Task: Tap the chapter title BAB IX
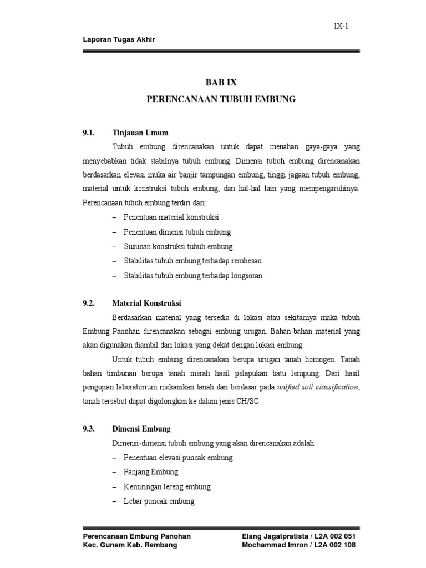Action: pyautogui.click(x=221, y=82)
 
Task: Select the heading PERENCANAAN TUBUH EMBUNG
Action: pyautogui.click(x=221, y=100)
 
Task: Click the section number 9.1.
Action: pyautogui.click(x=89, y=133)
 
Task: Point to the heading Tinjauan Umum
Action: pyautogui.click(x=140, y=133)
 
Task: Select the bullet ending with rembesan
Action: pyautogui.click(x=192, y=261)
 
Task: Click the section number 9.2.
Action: pyautogui.click(x=89, y=303)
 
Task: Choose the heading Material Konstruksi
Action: pyautogui.click(x=146, y=303)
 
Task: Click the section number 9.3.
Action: pyautogui.click(x=89, y=429)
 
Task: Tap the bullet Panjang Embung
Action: pyautogui.click(x=151, y=472)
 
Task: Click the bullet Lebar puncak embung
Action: pyautogui.click(x=159, y=501)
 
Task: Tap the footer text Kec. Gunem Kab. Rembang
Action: pyautogui.click(x=130, y=545)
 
